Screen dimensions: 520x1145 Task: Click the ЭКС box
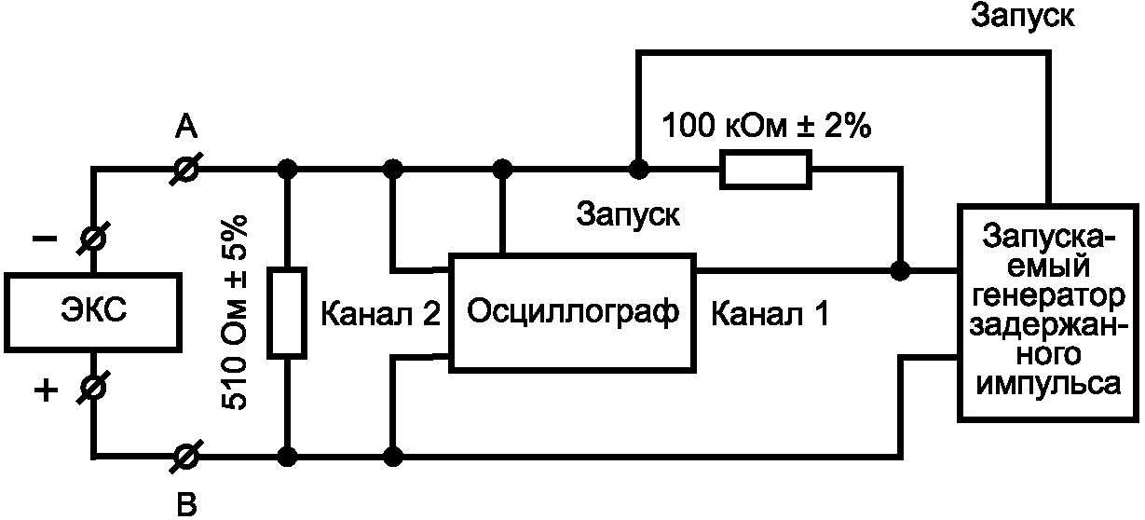click(94, 311)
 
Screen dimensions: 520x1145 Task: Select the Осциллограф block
click(571, 310)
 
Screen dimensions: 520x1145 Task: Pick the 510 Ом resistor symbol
click(287, 312)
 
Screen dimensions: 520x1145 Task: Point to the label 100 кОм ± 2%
click(766, 126)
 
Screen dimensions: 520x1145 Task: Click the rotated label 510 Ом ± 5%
click(236, 312)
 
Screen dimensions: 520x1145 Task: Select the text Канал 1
click(769, 314)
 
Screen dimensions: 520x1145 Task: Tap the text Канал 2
click(380, 314)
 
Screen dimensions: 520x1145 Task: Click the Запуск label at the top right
click(1022, 15)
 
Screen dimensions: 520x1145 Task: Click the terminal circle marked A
click(187, 170)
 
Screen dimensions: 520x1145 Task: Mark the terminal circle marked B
click(187, 457)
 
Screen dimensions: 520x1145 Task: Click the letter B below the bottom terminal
click(187, 505)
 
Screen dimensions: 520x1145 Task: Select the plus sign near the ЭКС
click(45, 391)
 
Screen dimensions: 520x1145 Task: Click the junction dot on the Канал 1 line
click(900, 271)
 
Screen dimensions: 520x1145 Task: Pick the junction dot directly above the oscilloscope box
click(503, 170)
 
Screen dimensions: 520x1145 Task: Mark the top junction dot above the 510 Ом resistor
click(288, 170)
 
